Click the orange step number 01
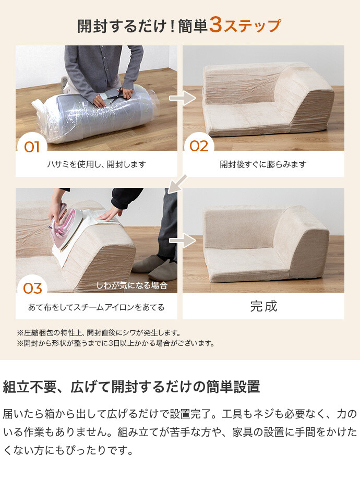pyautogui.click(x=32, y=147)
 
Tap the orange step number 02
pyautogui.click(x=199, y=146)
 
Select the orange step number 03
pyautogui.click(x=32, y=289)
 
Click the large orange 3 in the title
pyautogui.click(x=215, y=25)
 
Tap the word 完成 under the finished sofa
pyautogui.click(x=263, y=306)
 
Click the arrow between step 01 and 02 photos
pyautogui.click(x=182, y=98)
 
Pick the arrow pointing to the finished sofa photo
pyautogui.click(x=182, y=241)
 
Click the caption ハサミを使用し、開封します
pyautogui.click(x=97, y=164)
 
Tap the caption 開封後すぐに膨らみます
pyautogui.click(x=263, y=164)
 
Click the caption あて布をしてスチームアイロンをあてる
pyautogui.click(x=97, y=307)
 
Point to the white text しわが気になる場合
pyautogui.click(x=132, y=285)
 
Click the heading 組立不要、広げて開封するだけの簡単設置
pyautogui.click(x=131, y=387)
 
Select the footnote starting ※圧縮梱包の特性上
pyautogui.click(x=99, y=333)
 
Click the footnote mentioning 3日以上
pyautogui.click(x=116, y=343)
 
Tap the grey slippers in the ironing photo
pyautogui.click(x=154, y=268)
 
